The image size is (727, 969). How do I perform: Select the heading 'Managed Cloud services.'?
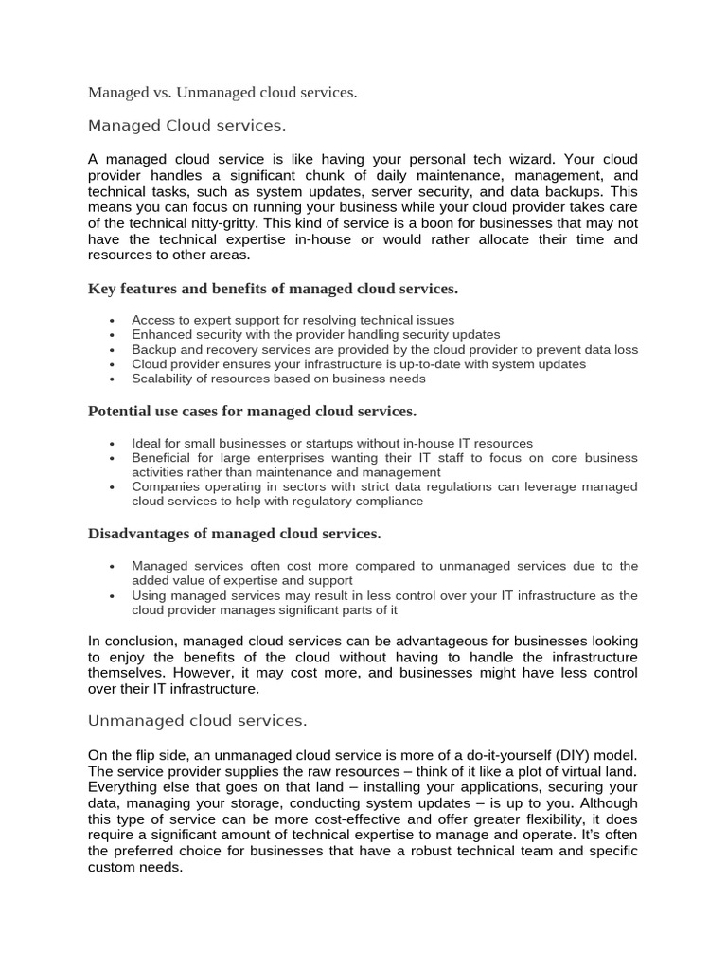coord(186,126)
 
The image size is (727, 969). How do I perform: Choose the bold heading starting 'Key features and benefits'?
coord(273,288)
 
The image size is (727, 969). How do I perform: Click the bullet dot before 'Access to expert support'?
coord(112,321)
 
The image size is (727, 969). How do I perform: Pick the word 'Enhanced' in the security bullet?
coord(162,335)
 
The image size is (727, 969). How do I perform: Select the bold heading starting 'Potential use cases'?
coord(252,411)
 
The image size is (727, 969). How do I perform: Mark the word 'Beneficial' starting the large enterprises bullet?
coord(165,458)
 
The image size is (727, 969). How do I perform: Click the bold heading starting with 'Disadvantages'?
coord(234,534)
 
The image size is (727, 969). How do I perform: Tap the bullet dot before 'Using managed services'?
coord(112,596)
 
